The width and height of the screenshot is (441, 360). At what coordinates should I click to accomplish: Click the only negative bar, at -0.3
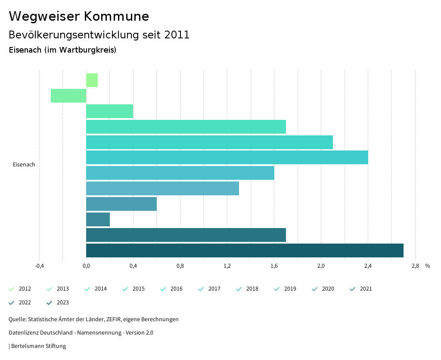point(68,96)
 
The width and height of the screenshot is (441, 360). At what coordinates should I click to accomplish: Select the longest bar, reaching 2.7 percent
point(245,250)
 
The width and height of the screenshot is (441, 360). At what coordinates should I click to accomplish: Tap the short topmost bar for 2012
point(92,80)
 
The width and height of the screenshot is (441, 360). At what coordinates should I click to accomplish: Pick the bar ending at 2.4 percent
point(227,157)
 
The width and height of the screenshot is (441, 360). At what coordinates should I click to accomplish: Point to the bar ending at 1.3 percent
point(162,188)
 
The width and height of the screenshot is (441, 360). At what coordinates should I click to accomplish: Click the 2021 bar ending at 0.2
point(98,219)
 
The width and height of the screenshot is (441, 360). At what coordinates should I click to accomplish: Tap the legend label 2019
point(290,289)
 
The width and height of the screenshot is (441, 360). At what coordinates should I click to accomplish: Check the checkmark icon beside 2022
point(12,303)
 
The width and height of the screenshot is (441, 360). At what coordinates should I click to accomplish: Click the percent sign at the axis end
point(427,266)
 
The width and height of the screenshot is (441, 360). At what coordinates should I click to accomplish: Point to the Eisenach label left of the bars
point(24,165)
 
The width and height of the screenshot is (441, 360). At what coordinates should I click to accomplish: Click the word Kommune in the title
point(116,16)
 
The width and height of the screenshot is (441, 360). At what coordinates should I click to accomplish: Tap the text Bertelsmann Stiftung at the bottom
point(38,346)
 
